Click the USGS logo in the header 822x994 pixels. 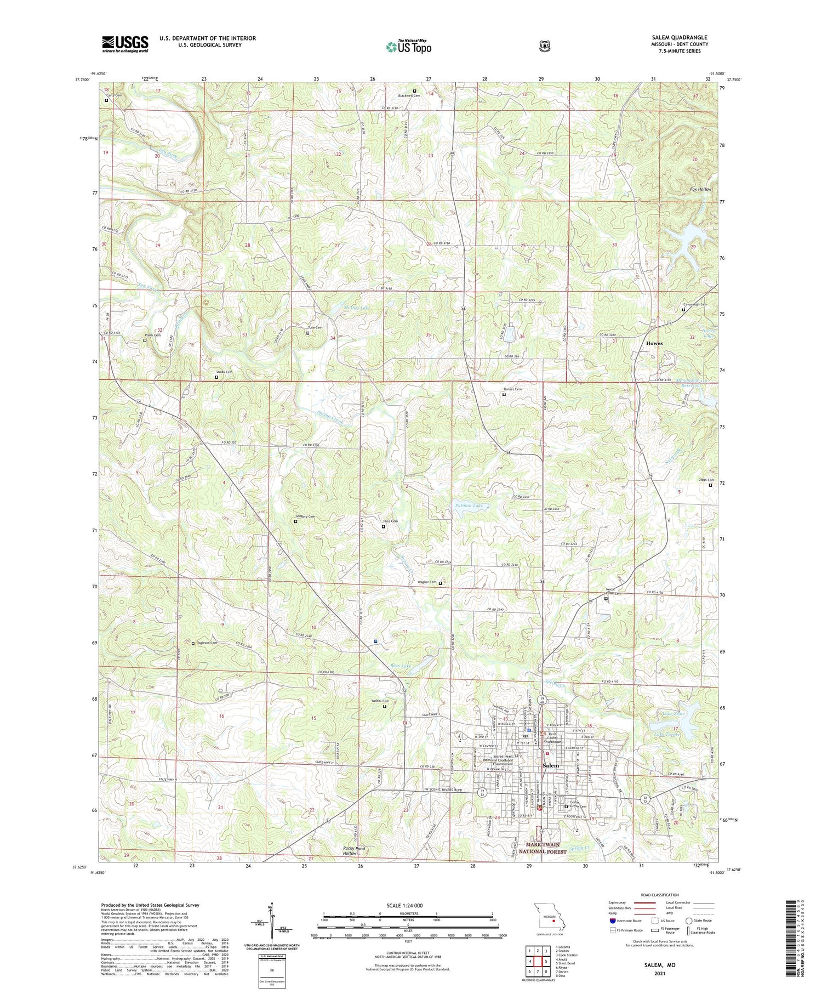pyautogui.click(x=125, y=44)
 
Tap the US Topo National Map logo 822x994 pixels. pyautogui.click(x=408, y=47)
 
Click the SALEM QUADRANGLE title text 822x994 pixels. pyautogui.click(x=677, y=37)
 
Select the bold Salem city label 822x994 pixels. pyautogui.click(x=551, y=765)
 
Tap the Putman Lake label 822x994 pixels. pyautogui.click(x=469, y=505)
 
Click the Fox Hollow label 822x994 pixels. pyautogui.click(x=700, y=189)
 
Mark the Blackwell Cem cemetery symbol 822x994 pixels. pyautogui.click(x=414, y=90)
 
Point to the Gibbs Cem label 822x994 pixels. pyautogui.click(x=706, y=480)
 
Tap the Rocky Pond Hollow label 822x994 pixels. pyautogui.click(x=353, y=851)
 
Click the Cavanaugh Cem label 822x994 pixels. pyautogui.click(x=695, y=304)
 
